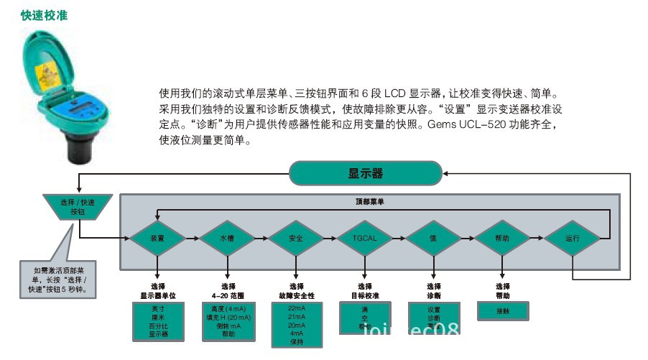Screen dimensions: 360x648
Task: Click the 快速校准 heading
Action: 45,14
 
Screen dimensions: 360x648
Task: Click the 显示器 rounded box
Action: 366,173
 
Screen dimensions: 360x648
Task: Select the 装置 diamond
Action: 157,237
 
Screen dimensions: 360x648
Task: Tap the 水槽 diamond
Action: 227,237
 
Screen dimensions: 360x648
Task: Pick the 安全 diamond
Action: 296,237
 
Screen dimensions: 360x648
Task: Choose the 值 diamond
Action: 433,237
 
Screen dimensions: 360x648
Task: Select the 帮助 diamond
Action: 502,237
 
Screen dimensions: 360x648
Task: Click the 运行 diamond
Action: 572,237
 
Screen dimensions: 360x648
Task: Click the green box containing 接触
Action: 502,311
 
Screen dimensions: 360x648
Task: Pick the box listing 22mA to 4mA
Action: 296,325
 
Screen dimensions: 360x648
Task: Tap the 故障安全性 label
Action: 296,295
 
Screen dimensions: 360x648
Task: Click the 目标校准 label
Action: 365,295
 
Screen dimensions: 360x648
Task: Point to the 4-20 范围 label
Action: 226,295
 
